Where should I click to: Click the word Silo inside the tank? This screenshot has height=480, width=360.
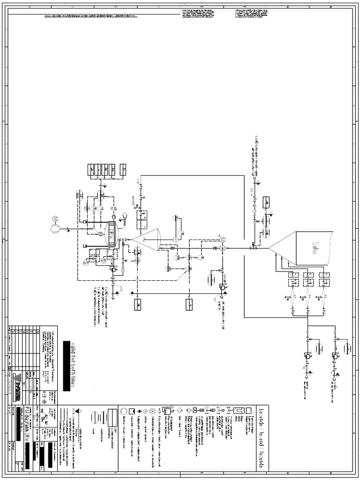(315, 247)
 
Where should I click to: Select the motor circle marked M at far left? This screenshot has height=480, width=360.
(55, 229)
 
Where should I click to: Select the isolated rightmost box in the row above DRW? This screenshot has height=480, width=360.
(123, 170)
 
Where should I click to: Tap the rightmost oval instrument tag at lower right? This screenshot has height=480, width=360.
(347, 349)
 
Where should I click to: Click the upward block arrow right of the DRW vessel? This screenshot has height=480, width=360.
(125, 217)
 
